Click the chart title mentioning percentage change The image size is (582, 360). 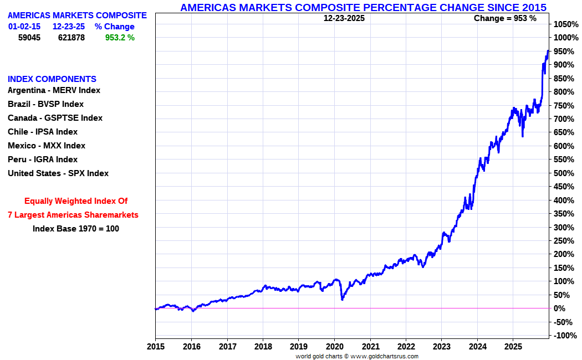[363, 7]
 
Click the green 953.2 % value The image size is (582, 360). [120, 38]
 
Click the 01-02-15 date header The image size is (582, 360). [24, 27]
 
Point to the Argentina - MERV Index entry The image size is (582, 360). [54, 90]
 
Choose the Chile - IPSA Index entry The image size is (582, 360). [43, 132]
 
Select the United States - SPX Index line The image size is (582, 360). [58, 173]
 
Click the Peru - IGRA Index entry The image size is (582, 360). [43, 160]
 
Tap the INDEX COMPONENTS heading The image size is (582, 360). [52, 79]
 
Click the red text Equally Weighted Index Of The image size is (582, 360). [76, 201]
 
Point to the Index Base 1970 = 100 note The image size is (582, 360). [76, 228]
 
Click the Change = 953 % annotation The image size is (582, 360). [505, 18]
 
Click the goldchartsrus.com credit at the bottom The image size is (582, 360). [357, 356]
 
